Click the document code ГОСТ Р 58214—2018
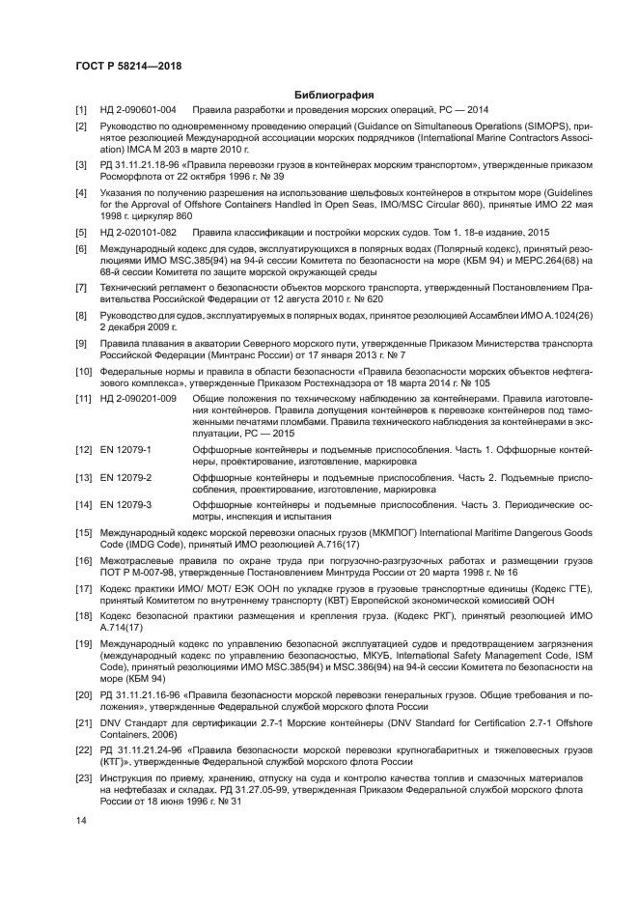click(x=128, y=66)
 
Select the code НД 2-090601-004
click(x=138, y=110)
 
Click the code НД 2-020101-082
click(x=138, y=233)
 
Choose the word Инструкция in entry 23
click(x=127, y=777)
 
